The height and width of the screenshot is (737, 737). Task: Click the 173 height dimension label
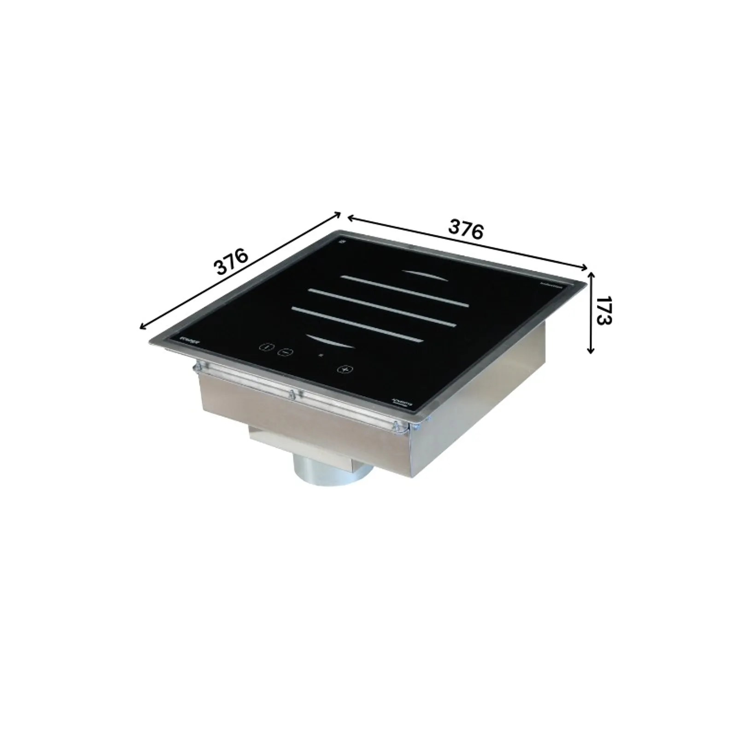click(603, 311)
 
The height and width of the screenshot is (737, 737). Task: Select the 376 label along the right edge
click(466, 230)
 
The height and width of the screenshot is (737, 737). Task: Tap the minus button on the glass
click(285, 352)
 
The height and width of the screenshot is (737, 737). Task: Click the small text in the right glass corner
click(551, 286)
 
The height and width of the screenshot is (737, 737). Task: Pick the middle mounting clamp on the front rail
click(293, 394)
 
